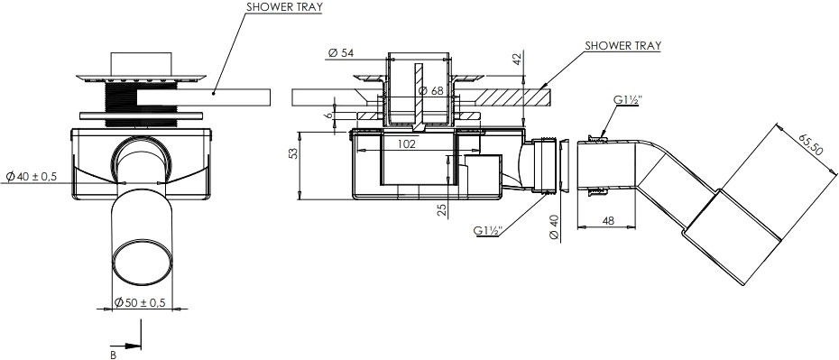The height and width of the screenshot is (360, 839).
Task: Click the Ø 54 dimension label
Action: (341, 53)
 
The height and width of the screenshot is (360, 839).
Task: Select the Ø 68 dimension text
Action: (430, 91)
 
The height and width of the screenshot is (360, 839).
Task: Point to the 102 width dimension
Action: (406, 143)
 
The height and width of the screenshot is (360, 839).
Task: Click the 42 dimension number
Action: (516, 60)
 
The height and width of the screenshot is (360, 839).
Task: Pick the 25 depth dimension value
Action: (443, 208)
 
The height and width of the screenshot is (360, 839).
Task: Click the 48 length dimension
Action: (607, 220)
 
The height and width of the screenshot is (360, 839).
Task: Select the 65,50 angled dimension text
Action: (809, 143)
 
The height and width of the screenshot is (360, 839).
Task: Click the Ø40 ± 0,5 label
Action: (31, 176)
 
